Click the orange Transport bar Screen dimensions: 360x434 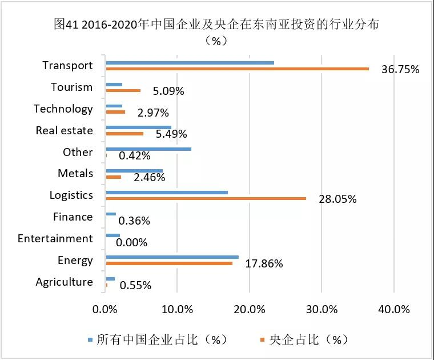[237, 69]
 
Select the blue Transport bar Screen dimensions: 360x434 [190, 62]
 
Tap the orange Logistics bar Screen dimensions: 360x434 [206, 198]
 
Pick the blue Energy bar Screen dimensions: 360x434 [172, 257]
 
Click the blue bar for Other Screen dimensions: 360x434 [148, 149]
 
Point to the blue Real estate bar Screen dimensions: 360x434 [138, 127]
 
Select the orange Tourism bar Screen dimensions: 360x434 [123, 90]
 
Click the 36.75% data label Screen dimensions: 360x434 [400, 70]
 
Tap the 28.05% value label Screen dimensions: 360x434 [337, 199]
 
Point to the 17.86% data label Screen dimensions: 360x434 [264, 263]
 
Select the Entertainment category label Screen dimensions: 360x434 [55, 238]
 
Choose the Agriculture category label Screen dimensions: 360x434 [64, 282]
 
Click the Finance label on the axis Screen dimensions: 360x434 [73, 217]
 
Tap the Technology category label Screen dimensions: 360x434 [63, 109]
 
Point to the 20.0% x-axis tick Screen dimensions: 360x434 [250, 309]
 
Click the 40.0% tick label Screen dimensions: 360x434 [393, 309]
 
